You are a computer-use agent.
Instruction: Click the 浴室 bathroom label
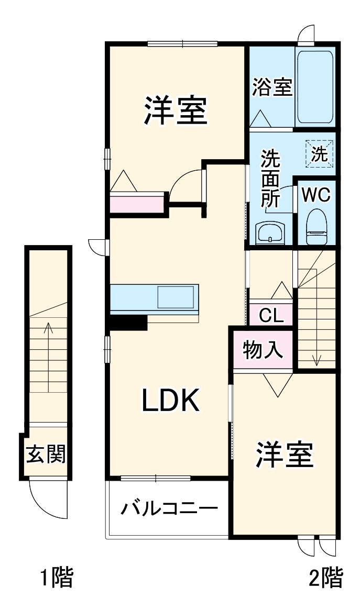point(271,87)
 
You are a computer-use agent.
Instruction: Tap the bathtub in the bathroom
point(315,86)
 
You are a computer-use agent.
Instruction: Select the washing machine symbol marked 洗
point(319,153)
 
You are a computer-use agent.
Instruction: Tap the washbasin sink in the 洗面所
point(270,232)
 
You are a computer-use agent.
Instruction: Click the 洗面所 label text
point(270,180)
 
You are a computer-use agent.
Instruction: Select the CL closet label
point(271,315)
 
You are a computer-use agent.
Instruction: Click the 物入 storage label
point(263,350)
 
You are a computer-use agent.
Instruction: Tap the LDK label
point(170,401)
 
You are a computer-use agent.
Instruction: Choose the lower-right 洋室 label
point(285,454)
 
